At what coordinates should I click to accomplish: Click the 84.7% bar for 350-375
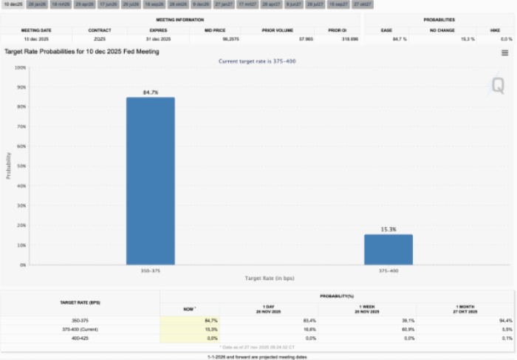(x=150, y=181)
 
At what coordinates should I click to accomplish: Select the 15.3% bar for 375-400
(x=388, y=250)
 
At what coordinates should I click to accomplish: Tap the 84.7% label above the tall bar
(x=150, y=92)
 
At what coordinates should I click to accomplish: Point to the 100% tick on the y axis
(x=21, y=67)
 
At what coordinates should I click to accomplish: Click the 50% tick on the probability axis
(x=21, y=166)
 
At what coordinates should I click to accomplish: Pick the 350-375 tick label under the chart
(x=150, y=271)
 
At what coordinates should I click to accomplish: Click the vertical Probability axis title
(x=9, y=166)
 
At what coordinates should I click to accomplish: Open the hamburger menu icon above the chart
(x=504, y=52)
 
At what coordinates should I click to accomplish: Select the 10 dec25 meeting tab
(x=13, y=4)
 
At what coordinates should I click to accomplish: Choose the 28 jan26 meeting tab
(x=36, y=4)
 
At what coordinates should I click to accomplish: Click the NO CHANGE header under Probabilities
(x=443, y=30)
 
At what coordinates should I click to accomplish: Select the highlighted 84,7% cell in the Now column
(x=190, y=320)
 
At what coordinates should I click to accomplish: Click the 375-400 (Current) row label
(x=80, y=328)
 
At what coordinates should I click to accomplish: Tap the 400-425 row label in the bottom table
(x=80, y=337)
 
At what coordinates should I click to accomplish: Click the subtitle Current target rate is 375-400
(x=258, y=61)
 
